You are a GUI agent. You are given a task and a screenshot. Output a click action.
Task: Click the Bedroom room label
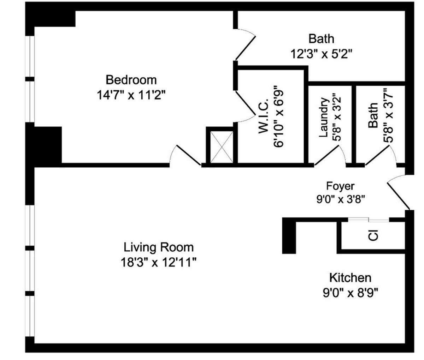click(131, 80)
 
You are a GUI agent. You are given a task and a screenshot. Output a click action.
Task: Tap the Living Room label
click(158, 247)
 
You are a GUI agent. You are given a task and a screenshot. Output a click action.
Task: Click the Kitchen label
click(350, 278)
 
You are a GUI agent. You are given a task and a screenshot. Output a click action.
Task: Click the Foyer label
click(340, 186)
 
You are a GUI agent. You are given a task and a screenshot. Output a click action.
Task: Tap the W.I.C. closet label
click(265, 116)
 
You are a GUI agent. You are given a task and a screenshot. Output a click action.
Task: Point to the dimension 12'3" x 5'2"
click(321, 54)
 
